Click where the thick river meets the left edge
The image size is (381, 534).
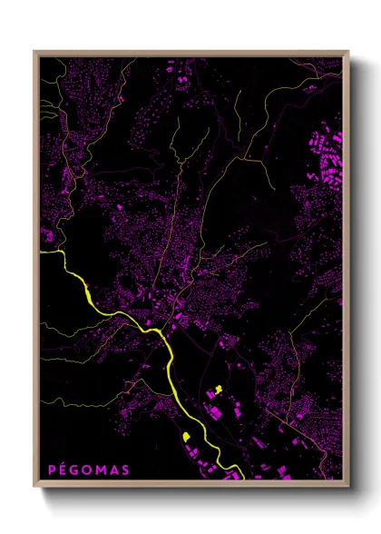(42, 252)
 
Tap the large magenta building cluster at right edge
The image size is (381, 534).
(327, 154)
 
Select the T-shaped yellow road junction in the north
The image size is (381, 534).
(246, 157)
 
